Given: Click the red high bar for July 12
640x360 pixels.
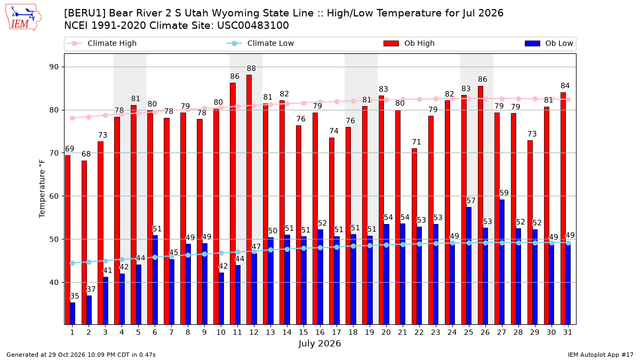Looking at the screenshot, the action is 249,199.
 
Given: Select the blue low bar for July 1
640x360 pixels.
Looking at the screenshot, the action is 73,314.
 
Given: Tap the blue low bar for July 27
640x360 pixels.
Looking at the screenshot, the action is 502,262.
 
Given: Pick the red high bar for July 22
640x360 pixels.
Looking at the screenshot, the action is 414,237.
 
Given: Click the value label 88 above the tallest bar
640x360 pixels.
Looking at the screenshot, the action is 251,69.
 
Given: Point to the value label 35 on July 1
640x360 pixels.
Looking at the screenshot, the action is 75,296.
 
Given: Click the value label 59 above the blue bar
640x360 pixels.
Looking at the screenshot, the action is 504,193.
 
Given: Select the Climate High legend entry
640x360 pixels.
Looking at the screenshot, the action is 101,43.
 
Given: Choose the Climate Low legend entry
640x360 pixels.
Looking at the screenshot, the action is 260,43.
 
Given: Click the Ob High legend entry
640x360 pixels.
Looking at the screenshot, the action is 409,43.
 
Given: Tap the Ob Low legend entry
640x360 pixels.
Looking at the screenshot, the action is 549,43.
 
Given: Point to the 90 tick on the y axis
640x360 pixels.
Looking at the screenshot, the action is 54,67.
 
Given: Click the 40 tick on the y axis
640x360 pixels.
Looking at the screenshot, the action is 54,283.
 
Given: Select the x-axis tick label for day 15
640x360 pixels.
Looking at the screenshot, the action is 303,333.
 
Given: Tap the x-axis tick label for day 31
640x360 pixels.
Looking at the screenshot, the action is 567,333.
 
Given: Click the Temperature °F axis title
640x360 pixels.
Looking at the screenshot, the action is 42,189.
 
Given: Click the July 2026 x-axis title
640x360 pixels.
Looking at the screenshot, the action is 319,343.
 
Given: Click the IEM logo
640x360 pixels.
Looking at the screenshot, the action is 23,18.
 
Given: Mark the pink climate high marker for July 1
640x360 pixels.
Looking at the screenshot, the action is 73,118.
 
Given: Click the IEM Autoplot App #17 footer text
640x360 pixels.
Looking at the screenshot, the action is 601,355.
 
